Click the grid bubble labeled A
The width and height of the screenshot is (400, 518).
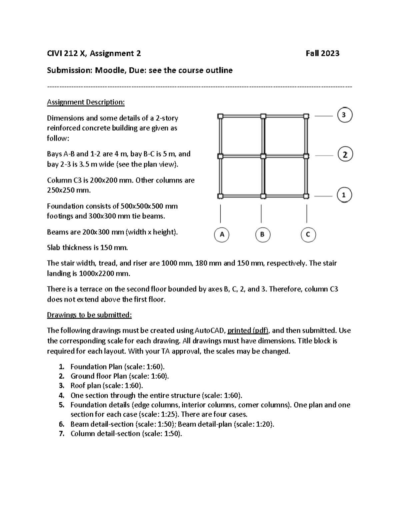(222, 234)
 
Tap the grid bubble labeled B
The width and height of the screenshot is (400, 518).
(262, 234)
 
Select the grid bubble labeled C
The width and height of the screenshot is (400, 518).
(308, 234)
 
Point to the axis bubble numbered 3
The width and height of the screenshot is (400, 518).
(345, 115)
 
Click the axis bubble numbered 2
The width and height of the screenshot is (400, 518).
(345, 155)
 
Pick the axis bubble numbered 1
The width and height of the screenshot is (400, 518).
(344, 195)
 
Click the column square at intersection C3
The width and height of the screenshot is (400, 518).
(306, 116)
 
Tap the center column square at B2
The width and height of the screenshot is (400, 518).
(263, 156)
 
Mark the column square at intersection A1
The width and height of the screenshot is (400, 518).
(220, 196)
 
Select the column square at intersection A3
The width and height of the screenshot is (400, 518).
(220, 116)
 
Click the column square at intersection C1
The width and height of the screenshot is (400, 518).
(306, 196)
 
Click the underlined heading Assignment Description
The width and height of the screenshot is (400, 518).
(86, 102)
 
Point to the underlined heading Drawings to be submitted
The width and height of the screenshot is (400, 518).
(89, 315)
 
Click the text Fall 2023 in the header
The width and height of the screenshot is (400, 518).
(322, 53)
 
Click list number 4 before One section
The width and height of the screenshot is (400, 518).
(61, 396)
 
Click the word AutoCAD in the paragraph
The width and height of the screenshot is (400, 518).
(209, 331)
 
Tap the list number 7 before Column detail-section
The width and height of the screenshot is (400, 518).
(61, 434)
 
